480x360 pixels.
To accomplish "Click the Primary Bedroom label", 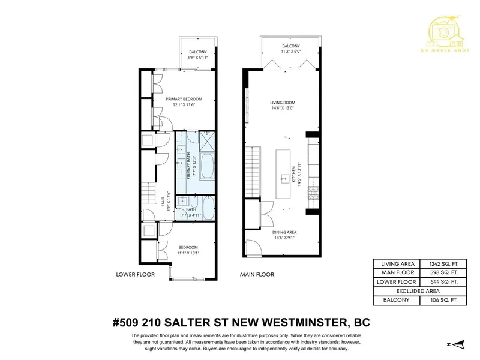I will (x=184, y=99).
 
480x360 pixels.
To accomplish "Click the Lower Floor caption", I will (x=135, y=274).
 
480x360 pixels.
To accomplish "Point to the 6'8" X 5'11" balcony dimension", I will (x=197, y=58).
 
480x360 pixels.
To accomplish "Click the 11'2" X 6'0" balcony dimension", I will (x=290, y=52).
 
